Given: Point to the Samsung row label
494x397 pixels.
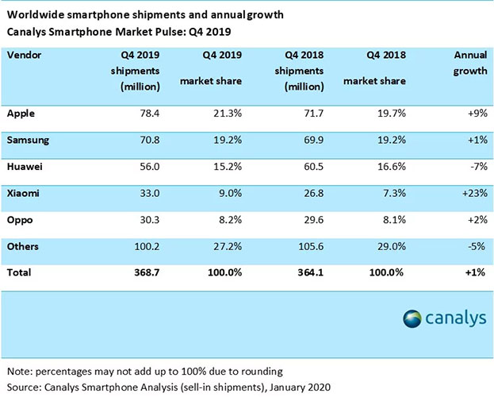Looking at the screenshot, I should coord(29,141).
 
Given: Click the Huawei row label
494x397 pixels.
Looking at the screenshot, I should coord(25,168).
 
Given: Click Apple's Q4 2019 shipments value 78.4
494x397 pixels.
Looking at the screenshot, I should coord(147,114).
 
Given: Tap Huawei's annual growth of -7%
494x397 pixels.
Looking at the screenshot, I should coord(476,168).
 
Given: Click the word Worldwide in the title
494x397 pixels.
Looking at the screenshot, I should coord(37,15).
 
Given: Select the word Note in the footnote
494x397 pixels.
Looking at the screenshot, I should coord(19,372).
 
